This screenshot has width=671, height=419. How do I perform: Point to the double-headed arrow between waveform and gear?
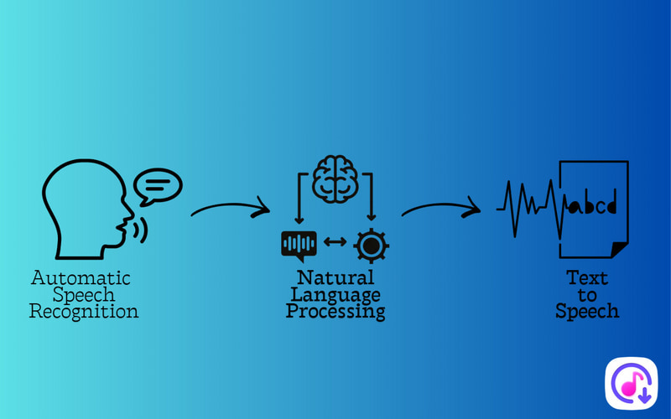(335, 243)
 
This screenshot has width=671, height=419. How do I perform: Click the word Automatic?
(81, 278)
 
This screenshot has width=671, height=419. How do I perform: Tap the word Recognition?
(84, 312)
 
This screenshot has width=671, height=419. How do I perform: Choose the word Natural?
(335, 278)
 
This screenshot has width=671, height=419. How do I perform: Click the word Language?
(335, 295)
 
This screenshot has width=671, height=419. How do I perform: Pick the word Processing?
(335, 312)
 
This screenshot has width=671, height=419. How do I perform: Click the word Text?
(587, 278)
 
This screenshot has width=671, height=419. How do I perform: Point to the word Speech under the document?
(587, 311)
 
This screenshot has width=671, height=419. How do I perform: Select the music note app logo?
(631, 384)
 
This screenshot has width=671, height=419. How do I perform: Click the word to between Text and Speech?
(587, 295)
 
